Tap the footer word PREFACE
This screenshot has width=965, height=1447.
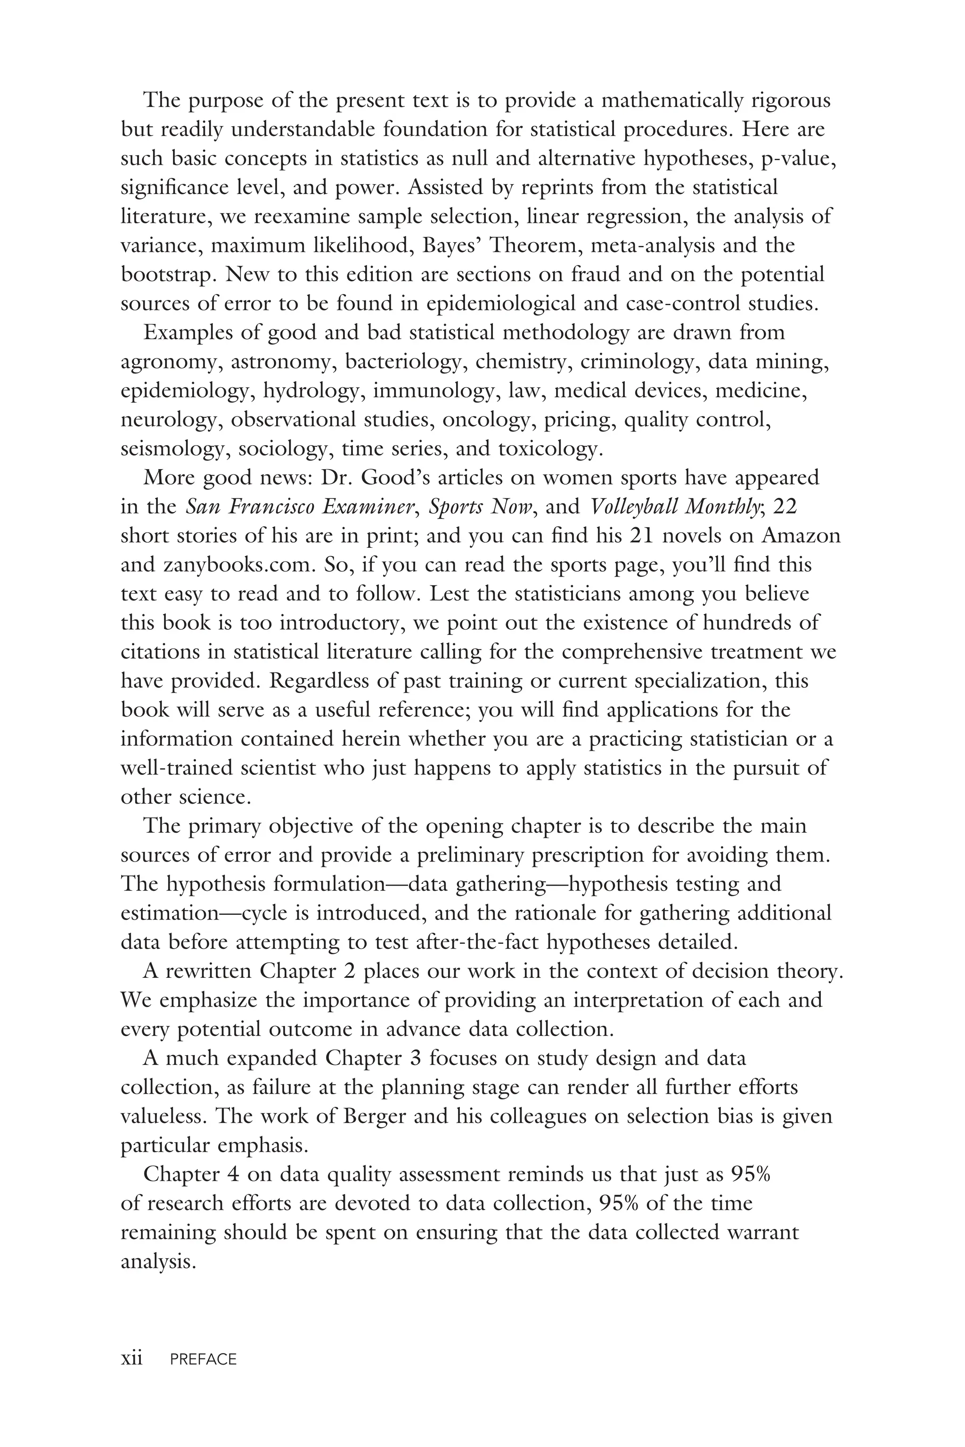(204, 1359)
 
